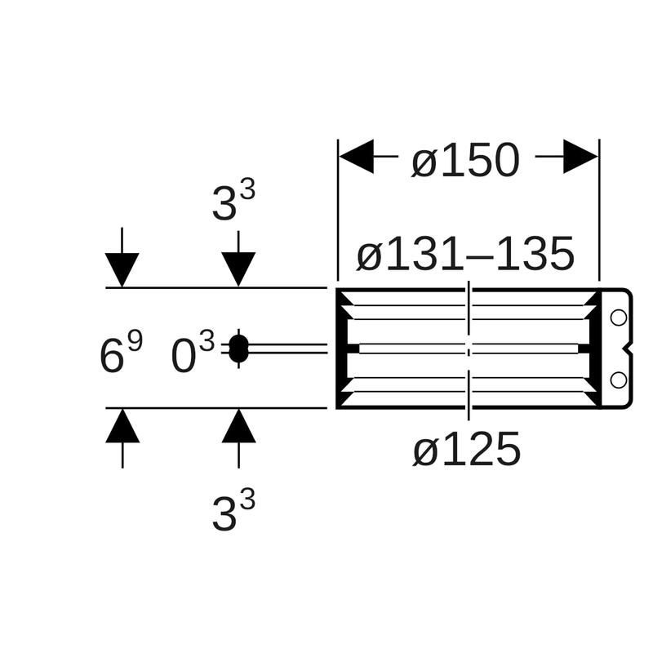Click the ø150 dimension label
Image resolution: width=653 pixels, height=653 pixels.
465,160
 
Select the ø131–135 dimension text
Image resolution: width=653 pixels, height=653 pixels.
465,253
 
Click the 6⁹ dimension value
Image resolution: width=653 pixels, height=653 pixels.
121,353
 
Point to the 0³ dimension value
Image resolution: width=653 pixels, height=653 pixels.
193,353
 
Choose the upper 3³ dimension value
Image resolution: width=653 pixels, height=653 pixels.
233,202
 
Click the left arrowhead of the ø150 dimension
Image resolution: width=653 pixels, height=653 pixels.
356,157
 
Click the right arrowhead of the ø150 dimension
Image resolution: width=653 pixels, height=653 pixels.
580,157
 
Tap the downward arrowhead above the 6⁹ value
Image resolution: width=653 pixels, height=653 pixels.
122,270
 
